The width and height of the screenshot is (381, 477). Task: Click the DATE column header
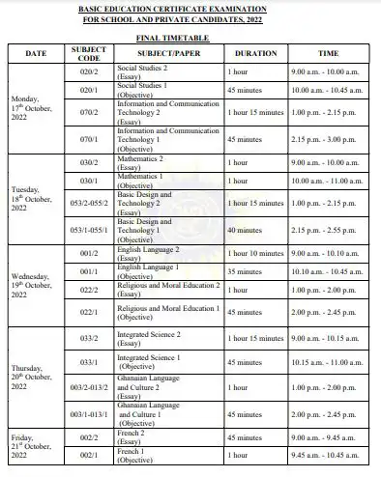coord(35,53)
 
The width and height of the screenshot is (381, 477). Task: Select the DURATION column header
coord(256,53)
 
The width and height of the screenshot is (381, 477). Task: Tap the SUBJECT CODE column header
coord(89,52)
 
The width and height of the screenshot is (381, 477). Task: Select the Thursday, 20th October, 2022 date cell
coord(35,377)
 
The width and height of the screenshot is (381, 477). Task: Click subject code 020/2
coord(89,72)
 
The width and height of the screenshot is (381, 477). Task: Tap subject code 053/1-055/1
coord(89,231)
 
